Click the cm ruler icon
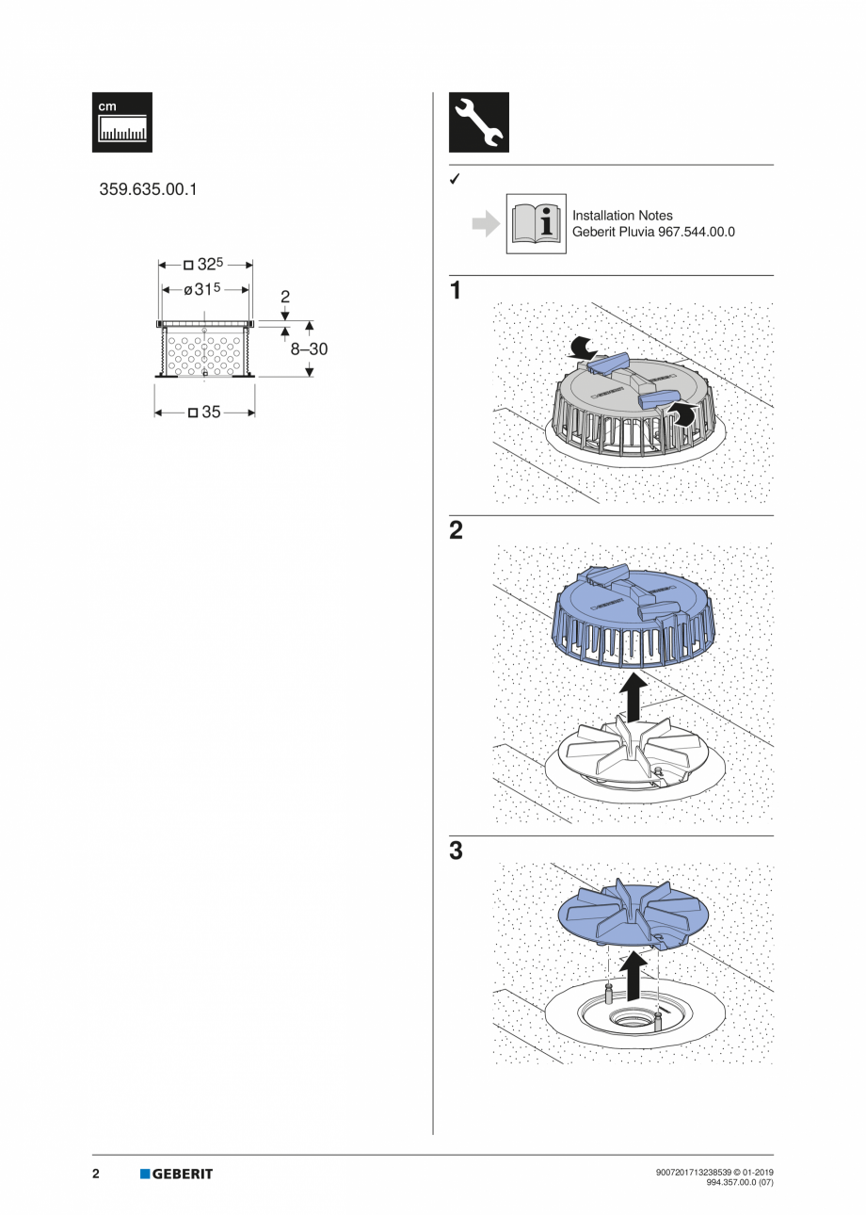click(122, 122)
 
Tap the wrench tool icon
click(479, 122)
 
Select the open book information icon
click(537, 223)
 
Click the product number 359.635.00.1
click(149, 189)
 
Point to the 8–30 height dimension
click(309, 348)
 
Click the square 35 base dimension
click(205, 412)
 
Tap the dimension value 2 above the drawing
click(284, 297)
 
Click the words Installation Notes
click(622, 216)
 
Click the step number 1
click(457, 291)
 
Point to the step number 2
click(457, 531)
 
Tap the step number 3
click(457, 851)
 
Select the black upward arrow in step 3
click(635, 976)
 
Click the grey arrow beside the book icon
click(485, 224)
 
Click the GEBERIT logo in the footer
click(177, 1174)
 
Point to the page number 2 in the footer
click(96, 1174)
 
